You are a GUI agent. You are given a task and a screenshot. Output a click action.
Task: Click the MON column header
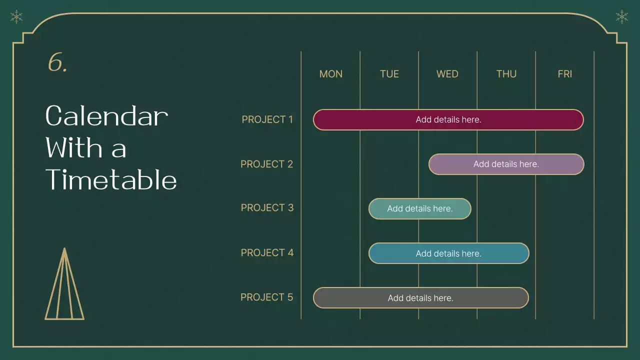pos(331,74)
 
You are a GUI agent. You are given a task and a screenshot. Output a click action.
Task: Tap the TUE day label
pos(389,74)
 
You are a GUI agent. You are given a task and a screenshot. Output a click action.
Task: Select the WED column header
pos(447,74)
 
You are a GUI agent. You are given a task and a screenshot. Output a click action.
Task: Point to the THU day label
pos(506,74)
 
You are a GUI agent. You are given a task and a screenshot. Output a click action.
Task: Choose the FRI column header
pos(564,74)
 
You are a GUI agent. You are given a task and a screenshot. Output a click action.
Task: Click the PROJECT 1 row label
pos(267,119)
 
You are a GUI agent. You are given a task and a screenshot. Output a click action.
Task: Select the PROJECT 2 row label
pos(266,164)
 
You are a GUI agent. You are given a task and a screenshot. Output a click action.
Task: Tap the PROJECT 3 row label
pos(267,207)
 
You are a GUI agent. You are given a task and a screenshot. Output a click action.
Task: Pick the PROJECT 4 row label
pos(267,252)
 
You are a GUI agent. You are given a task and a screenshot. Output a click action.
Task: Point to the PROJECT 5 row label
pos(266,297)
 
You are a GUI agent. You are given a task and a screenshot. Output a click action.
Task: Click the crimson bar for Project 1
pos(448,119)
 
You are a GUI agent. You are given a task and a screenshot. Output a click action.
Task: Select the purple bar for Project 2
pos(506,164)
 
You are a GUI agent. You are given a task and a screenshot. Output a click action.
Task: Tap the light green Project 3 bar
pos(419,208)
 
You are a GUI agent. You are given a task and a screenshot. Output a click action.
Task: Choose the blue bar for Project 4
pos(448,253)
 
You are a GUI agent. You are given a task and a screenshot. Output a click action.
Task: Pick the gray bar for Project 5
pos(420,298)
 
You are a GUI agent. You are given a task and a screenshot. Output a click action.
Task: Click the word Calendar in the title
pos(106,116)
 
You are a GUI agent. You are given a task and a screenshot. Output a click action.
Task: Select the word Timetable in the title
pos(111,180)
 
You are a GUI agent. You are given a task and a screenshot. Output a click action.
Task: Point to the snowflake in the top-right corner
pos(621,17)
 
